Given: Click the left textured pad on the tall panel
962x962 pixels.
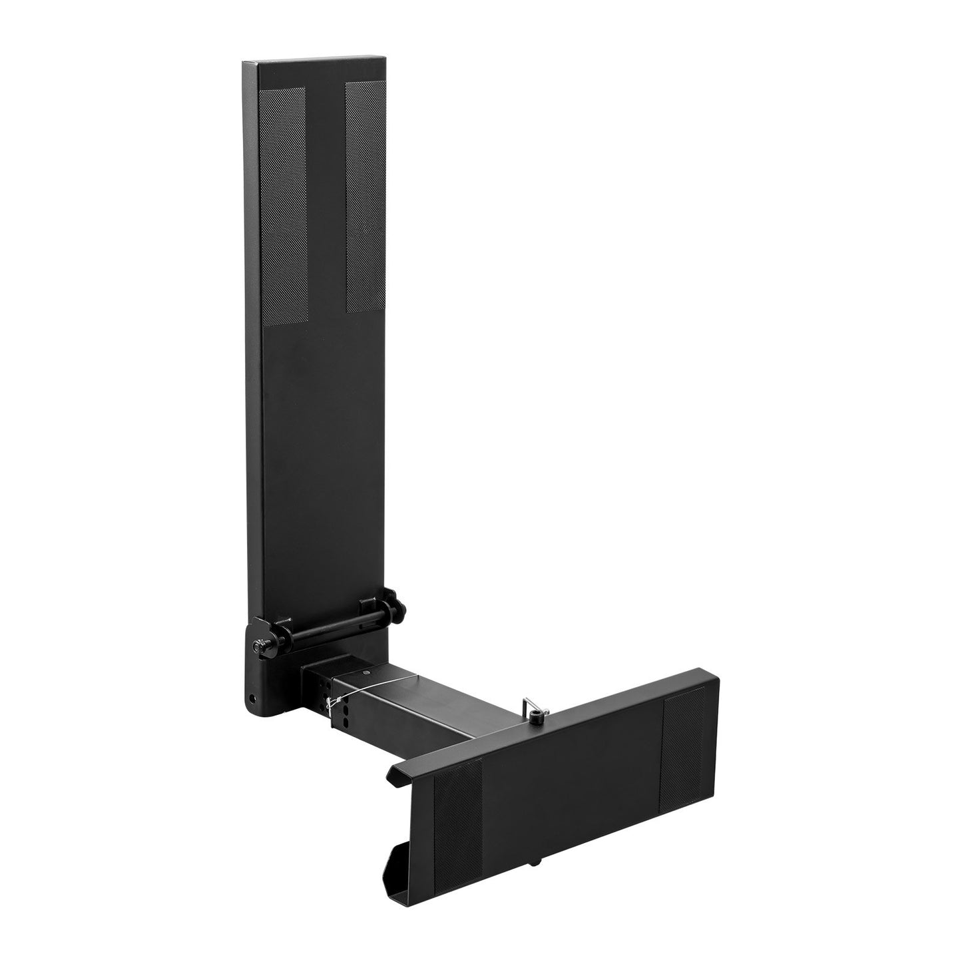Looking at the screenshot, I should (x=282, y=206).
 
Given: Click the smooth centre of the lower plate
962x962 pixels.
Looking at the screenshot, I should (x=573, y=779).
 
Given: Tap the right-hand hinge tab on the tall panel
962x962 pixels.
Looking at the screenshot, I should (x=369, y=608).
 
